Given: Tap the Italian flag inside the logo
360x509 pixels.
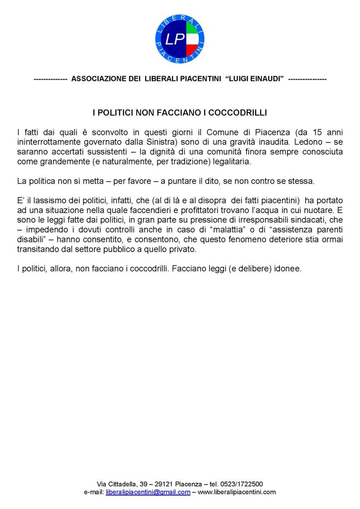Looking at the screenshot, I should (192, 39).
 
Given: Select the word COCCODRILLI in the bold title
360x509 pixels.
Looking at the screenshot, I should (244, 113).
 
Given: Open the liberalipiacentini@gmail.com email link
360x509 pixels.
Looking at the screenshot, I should (148, 492).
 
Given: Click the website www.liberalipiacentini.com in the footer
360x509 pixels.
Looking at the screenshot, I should (237, 492).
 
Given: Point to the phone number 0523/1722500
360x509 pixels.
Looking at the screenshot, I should (242, 484).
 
